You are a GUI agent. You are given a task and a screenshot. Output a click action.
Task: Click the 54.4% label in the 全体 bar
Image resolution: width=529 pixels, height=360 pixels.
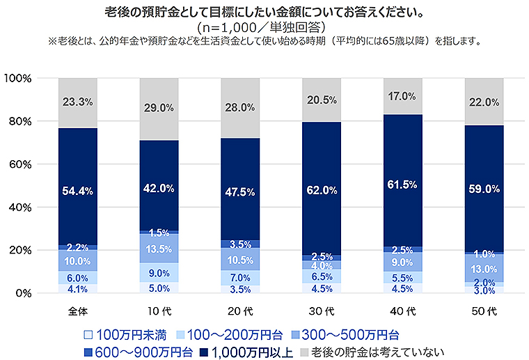point(78,191)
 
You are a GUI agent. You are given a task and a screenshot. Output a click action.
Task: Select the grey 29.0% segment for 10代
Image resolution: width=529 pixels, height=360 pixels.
point(159,109)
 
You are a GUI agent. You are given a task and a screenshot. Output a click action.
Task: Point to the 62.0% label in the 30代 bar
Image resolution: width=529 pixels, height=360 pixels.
point(321,189)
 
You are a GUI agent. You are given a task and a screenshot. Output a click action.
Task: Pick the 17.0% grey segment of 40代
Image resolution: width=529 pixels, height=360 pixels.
point(402,96)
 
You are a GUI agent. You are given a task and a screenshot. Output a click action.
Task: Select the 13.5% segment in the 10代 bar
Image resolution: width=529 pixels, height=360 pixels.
point(159,249)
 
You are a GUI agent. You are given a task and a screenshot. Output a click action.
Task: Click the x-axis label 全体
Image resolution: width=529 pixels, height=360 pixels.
point(78,307)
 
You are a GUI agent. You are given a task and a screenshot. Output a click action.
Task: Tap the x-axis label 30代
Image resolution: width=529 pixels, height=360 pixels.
point(321,307)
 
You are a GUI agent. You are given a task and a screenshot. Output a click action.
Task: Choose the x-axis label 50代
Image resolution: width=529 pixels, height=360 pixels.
point(484,307)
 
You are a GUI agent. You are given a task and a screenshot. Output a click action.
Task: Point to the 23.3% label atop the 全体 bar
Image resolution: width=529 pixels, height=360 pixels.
point(78,102)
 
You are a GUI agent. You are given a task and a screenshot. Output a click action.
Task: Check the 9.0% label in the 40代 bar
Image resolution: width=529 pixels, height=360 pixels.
point(402,262)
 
